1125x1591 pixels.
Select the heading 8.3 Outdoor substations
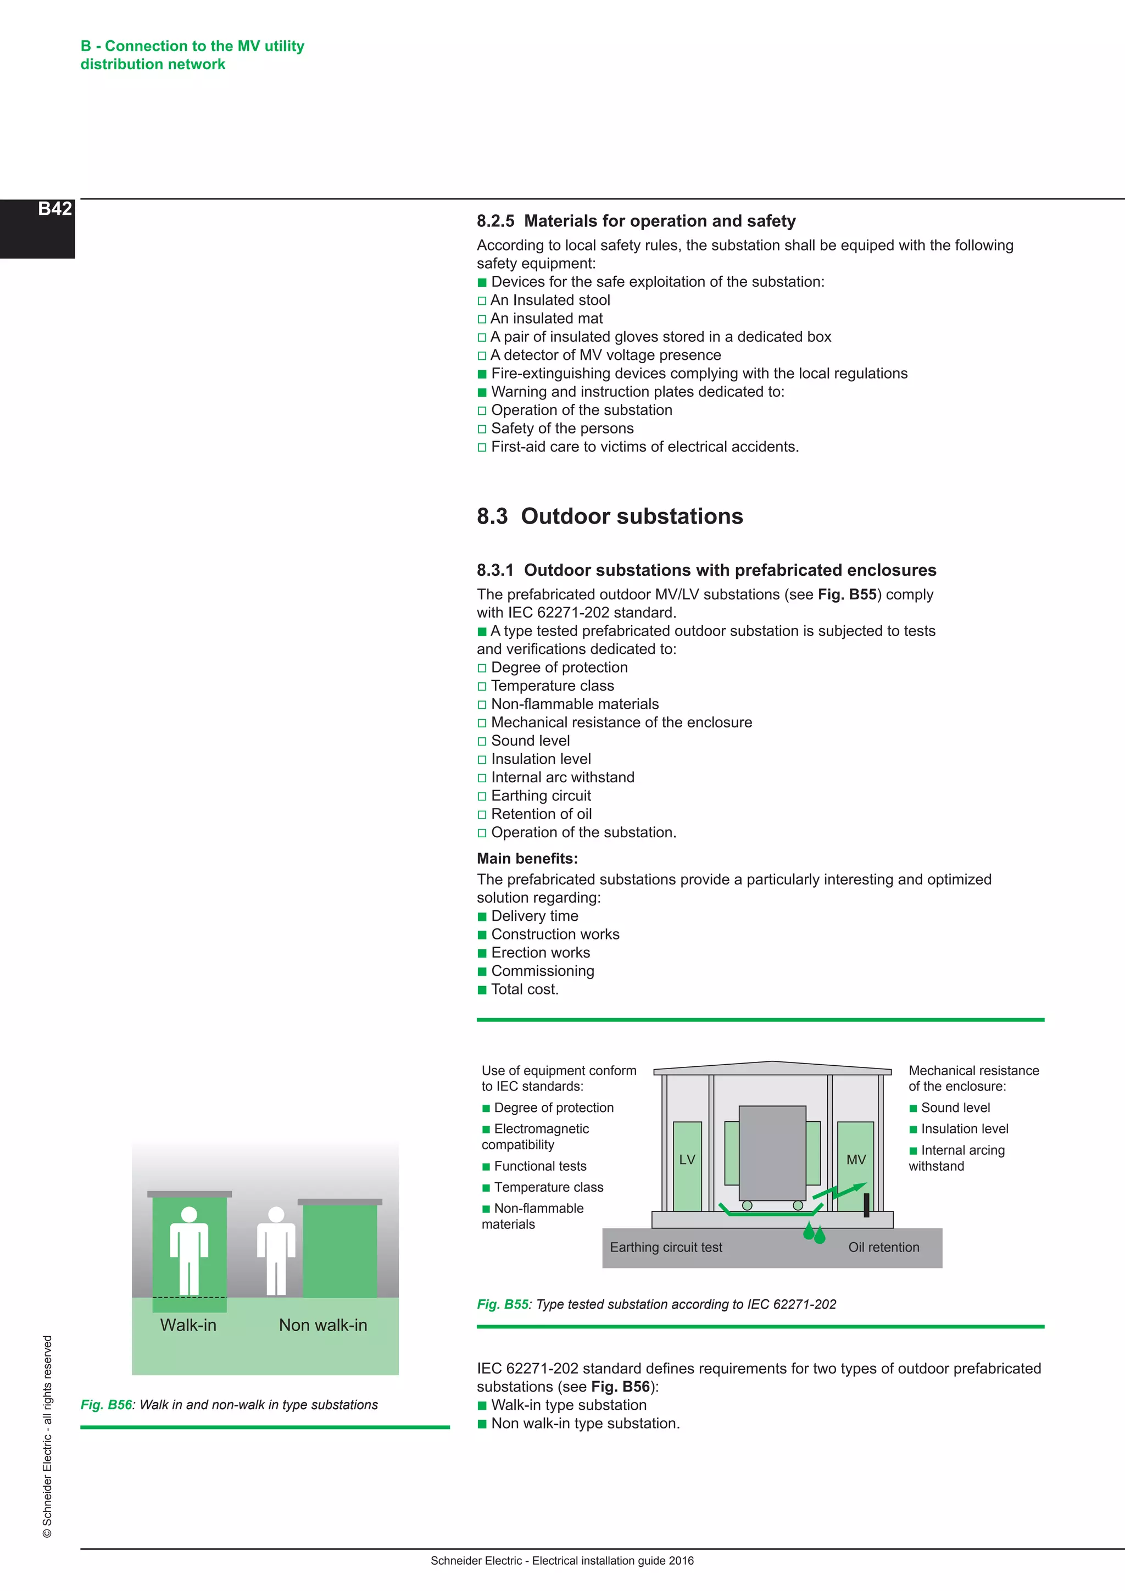pos(610,517)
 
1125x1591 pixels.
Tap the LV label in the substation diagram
pos(687,1160)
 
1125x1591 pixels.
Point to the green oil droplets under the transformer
pos(814,1233)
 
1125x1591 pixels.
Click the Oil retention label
pos(883,1247)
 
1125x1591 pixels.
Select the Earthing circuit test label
pos(666,1247)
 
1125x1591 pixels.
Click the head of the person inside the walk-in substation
pos(189,1214)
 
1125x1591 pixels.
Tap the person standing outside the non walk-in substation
pos(276,1251)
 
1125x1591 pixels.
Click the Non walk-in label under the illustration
pos(323,1326)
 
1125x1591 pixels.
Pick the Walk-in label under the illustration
pos(188,1326)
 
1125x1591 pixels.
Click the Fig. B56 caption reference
pos(106,1405)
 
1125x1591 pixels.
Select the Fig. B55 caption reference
pos(502,1304)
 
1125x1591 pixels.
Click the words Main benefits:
pos(526,859)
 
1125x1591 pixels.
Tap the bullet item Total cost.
pos(525,989)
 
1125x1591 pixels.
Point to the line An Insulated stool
pos(550,300)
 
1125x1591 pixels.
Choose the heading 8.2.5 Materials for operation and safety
pos(636,221)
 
